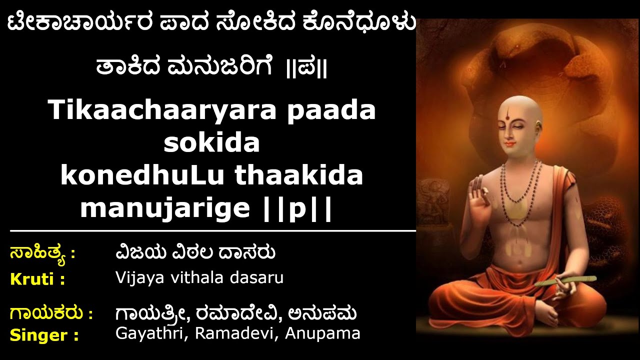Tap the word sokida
tap(212, 143)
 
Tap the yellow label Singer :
tap(44, 335)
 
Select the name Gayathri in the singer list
tap(148, 333)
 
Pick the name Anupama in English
tap(322, 333)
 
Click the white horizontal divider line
tap(212, 231)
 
